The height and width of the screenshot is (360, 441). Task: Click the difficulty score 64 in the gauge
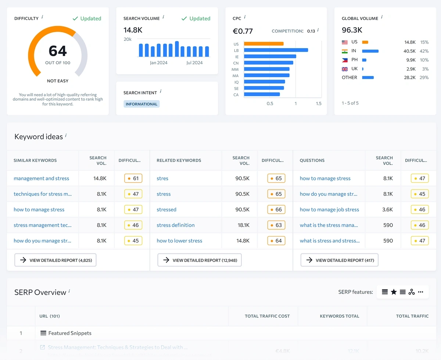[x=58, y=51]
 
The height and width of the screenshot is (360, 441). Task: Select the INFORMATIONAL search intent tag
[x=141, y=104]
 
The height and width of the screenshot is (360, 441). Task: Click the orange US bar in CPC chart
[x=263, y=44]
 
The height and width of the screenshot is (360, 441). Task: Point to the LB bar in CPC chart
[x=276, y=50]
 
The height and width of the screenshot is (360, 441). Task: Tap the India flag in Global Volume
[x=345, y=51]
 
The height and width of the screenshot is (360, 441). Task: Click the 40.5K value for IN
[x=409, y=51]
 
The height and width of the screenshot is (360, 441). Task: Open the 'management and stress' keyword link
[x=41, y=179]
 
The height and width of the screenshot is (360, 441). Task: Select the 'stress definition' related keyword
[x=175, y=225]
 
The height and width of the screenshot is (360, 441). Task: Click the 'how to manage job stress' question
[x=329, y=210]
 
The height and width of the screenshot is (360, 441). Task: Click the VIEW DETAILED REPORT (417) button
[x=339, y=260]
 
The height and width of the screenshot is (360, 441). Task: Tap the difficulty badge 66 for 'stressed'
[x=276, y=210]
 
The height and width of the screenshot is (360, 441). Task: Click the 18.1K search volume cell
[x=243, y=225]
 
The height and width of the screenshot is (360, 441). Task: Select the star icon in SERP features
[x=394, y=292]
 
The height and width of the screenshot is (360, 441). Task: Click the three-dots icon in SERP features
[x=421, y=292]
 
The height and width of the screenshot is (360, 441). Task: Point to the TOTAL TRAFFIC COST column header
[x=267, y=316]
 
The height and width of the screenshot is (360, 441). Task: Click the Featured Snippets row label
[x=69, y=333]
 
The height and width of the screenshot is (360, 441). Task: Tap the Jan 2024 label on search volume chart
[x=158, y=63]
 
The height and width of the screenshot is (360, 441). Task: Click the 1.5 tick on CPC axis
[x=319, y=104]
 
